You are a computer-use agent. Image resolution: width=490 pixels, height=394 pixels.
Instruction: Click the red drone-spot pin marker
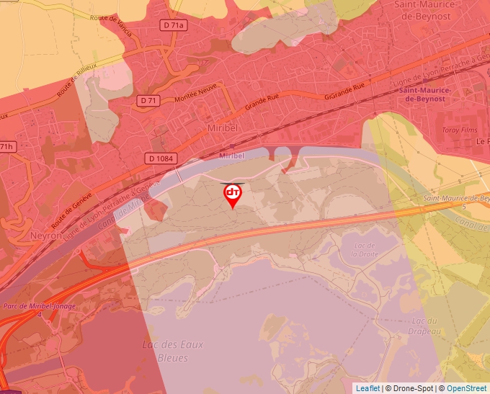click(x=233, y=194)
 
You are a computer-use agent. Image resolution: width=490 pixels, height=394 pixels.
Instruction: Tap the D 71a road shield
click(x=174, y=25)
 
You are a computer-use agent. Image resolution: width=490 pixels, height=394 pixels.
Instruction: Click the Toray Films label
click(x=459, y=130)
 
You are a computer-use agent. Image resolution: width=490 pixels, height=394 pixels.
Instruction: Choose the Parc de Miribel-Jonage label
click(x=30, y=307)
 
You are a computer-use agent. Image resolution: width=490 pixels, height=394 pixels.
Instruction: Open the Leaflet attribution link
click(x=367, y=388)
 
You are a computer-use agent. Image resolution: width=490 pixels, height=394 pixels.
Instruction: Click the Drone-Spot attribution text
click(x=411, y=388)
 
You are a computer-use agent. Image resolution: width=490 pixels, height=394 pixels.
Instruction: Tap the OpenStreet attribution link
click(x=466, y=388)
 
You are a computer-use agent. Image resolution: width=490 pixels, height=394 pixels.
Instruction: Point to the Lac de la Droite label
click(x=365, y=249)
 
